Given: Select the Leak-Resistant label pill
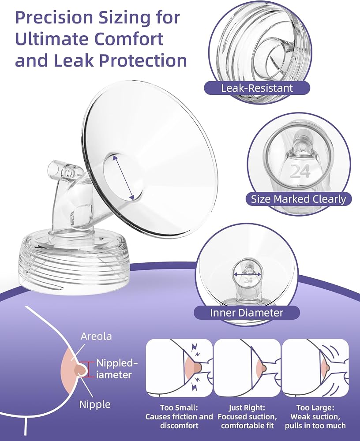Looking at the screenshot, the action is pyautogui.click(x=257, y=88).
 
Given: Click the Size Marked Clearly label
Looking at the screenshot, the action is pyautogui.click(x=298, y=199).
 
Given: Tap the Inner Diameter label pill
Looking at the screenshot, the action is pyautogui.click(x=247, y=313).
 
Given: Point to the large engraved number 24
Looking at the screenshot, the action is pyautogui.click(x=300, y=171).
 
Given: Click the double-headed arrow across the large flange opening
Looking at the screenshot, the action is pyautogui.click(x=123, y=178).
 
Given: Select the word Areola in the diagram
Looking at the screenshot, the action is pyautogui.click(x=96, y=336).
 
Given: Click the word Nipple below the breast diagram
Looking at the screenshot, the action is pyautogui.click(x=95, y=404).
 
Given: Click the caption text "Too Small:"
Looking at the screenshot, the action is pyautogui.click(x=179, y=407).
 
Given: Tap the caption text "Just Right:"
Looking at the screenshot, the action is pyautogui.click(x=247, y=407).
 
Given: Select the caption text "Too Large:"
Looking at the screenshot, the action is pyautogui.click(x=315, y=407).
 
